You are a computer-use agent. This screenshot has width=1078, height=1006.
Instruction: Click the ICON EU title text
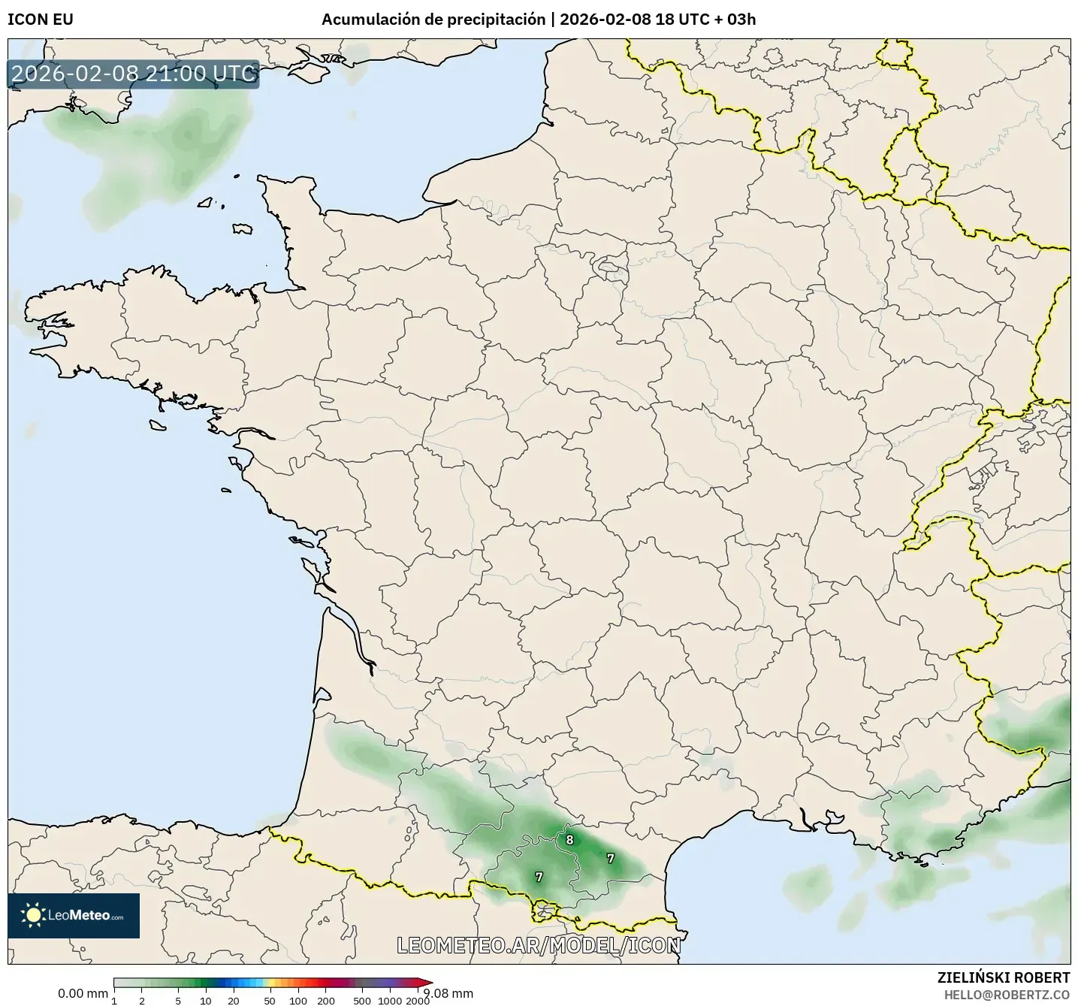pyautogui.click(x=41, y=20)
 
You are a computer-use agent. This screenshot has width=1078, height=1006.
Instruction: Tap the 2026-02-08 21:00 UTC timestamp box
pyautogui.click(x=134, y=74)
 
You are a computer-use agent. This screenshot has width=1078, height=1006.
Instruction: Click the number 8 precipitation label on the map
pyautogui.click(x=569, y=840)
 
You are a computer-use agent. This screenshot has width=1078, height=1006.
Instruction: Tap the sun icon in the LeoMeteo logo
pyautogui.click(x=33, y=915)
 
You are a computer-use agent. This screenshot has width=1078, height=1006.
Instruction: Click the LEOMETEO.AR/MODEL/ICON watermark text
pyautogui.click(x=539, y=945)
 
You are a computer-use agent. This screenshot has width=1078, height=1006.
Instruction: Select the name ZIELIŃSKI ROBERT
pyautogui.click(x=1004, y=977)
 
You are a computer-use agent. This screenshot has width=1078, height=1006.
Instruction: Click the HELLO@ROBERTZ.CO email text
pyautogui.click(x=1007, y=994)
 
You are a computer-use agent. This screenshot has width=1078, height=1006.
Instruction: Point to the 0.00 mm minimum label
pyautogui.click(x=83, y=993)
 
